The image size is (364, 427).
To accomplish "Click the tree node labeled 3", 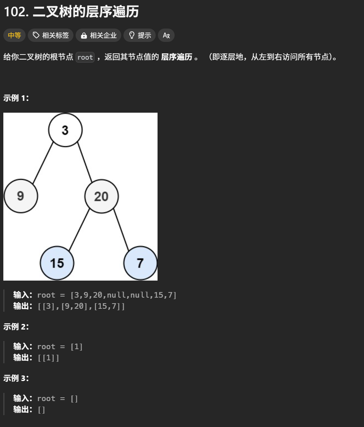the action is click(65, 130).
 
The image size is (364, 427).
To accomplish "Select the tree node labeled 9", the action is click(21, 196).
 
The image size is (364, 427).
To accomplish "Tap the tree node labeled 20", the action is click(101, 196).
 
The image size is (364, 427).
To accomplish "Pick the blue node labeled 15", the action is click(57, 263).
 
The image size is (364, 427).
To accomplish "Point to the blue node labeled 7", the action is click(140, 263).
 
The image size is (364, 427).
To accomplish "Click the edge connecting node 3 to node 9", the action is click(43, 162).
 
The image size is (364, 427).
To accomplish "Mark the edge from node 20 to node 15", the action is click(79, 230).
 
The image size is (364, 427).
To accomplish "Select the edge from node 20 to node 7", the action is click(121, 230).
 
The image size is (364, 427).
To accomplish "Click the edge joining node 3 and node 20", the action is click(85, 162).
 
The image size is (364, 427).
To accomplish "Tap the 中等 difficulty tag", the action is click(14, 36).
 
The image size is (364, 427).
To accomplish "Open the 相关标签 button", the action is click(51, 36).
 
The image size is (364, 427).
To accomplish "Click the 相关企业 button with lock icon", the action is click(99, 36).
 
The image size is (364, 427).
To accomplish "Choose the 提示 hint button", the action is click(140, 36).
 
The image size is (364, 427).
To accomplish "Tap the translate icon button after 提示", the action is click(166, 36).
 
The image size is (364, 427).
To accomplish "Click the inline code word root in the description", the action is click(85, 57).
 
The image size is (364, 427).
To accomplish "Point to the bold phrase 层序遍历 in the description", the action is click(177, 57).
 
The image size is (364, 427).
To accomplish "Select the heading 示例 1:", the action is click(16, 98).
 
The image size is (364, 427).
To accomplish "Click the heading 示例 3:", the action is click(16, 378).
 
